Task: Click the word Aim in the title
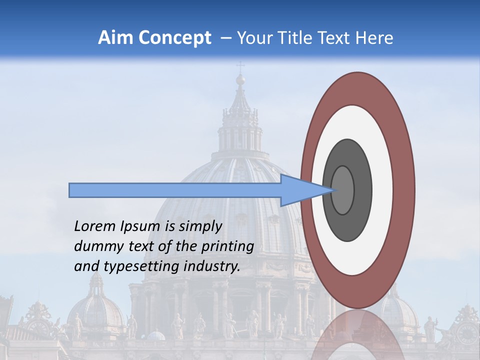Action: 116,38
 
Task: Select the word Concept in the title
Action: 175,38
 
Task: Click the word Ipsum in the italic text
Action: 141,226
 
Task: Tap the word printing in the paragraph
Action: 227,246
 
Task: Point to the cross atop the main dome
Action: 240,66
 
